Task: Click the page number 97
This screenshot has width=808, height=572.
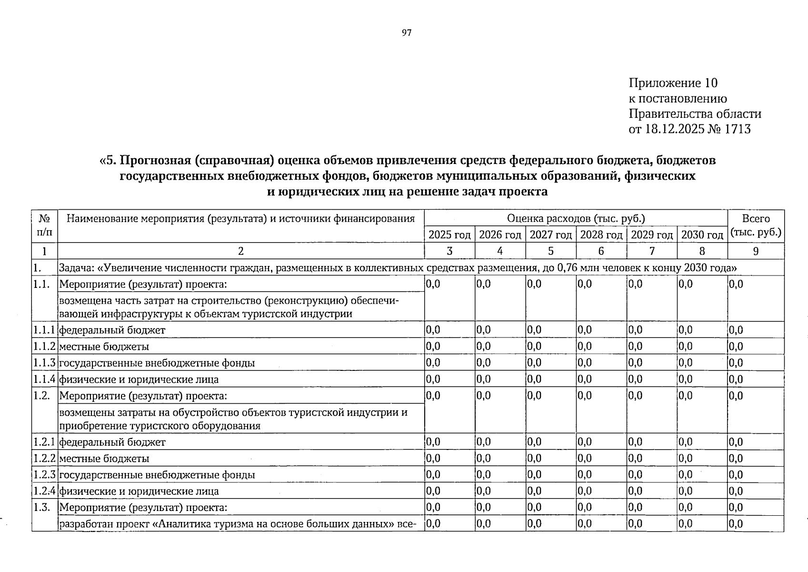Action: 406,33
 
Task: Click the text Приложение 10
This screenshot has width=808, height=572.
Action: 673,83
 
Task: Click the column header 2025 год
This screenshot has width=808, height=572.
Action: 449,235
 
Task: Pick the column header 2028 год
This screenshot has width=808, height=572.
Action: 601,235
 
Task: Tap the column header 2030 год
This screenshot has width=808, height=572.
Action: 702,235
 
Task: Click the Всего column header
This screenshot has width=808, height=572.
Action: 756,219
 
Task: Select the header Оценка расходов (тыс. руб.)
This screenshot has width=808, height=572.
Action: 576,219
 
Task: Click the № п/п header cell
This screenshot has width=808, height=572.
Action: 44,226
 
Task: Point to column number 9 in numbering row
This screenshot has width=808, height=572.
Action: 756,251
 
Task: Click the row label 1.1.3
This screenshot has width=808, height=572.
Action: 44,363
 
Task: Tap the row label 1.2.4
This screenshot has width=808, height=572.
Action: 44,491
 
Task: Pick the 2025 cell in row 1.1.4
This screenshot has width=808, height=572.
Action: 433,379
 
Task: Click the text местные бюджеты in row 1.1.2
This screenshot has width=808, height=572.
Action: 104,347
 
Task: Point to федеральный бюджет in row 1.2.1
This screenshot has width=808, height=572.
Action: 112,442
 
